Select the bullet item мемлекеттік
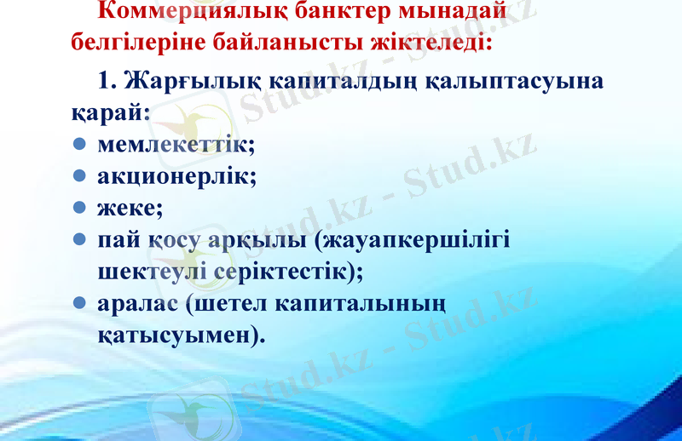click(176, 144)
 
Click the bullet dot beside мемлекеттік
click(78, 145)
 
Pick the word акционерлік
click(177, 176)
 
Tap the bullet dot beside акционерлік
click(78, 176)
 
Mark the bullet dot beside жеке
click(78, 208)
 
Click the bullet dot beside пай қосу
click(78, 239)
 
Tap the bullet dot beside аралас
click(78, 303)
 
